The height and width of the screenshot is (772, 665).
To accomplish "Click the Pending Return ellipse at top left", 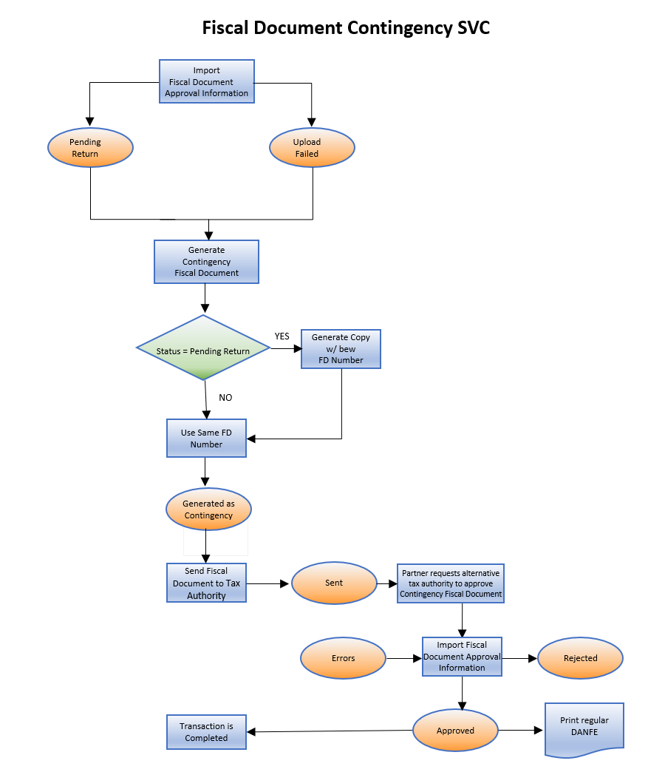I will (x=90, y=148).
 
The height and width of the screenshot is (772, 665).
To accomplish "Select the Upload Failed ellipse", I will (x=312, y=148).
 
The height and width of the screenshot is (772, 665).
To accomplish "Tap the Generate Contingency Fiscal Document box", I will (x=206, y=262).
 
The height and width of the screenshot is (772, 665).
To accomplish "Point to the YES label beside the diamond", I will (x=282, y=336).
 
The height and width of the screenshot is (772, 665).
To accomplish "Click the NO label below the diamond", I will (x=225, y=398).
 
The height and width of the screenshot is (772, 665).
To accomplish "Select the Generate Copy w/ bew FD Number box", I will (x=341, y=348).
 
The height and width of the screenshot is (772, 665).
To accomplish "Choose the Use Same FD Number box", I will (x=206, y=439).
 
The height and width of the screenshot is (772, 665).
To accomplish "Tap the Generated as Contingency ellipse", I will (x=208, y=509).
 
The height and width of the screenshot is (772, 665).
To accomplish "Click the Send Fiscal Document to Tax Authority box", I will (x=206, y=583).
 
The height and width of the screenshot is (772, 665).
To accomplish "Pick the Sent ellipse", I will (x=334, y=583).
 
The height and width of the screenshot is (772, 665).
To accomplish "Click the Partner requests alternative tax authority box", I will (x=451, y=583).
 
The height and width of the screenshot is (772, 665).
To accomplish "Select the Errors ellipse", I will (x=343, y=658).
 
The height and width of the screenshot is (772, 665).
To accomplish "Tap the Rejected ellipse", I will (x=580, y=658).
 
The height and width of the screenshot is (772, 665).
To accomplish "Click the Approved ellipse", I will (x=455, y=731).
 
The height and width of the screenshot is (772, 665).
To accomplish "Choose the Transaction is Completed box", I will (x=206, y=732).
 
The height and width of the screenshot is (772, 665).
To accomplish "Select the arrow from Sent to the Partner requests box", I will (x=386, y=583).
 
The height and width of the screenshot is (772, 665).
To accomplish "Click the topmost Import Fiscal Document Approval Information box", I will (x=207, y=81).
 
